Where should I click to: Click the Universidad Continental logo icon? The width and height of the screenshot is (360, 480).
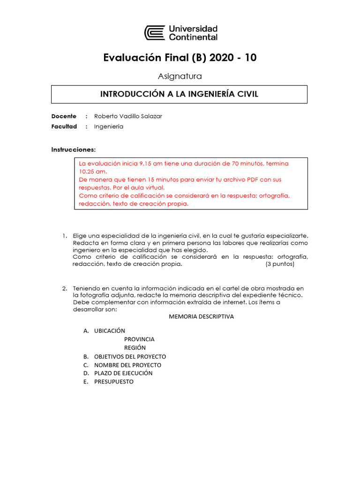[x=154, y=33]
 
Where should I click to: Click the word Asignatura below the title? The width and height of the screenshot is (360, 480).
[x=180, y=76]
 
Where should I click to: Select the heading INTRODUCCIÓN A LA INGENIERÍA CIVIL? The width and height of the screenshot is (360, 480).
[x=179, y=94]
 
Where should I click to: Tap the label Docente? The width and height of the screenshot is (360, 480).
[x=63, y=116]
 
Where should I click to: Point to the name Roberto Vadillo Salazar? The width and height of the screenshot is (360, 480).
[x=128, y=116]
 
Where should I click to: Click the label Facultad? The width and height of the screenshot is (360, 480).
[x=64, y=127]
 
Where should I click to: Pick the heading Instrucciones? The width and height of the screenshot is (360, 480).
[x=73, y=150]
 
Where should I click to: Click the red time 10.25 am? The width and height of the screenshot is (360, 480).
[x=94, y=172]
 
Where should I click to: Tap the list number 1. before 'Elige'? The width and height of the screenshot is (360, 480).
[x=65, y=235]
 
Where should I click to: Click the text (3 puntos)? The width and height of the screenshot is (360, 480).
[x=280, y=264]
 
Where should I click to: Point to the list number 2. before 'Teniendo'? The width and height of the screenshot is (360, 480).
[x=65, y=288]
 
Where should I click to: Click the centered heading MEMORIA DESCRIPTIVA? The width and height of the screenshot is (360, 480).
[x=201, y=316]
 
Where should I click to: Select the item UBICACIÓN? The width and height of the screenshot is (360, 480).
[x=110, y=331]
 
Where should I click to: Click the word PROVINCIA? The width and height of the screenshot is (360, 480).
[x=139, y=339]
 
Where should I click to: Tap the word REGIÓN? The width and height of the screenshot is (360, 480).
[x=135, y=348]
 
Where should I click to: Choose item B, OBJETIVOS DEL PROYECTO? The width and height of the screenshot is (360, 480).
[x=130, y=356]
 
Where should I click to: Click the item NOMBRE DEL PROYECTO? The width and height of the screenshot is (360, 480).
[x=127, y=365]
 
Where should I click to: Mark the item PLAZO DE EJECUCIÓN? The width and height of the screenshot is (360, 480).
[x=123, y=373]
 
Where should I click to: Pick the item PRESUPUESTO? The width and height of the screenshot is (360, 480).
[x=114, y=382]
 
